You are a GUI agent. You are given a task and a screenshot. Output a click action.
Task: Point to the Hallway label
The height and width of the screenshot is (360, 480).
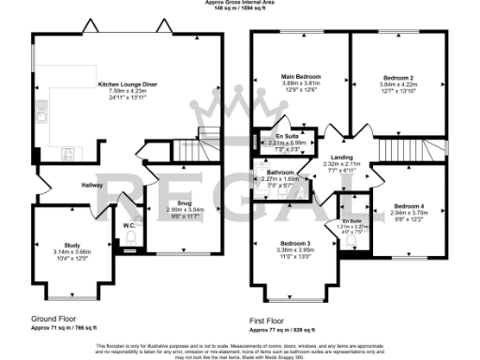(x=91, y=185)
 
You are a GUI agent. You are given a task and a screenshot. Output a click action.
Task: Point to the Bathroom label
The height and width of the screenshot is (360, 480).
(x=281, y=172)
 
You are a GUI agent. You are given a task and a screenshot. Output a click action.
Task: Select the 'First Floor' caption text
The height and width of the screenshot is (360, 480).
(x=269, y=320)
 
